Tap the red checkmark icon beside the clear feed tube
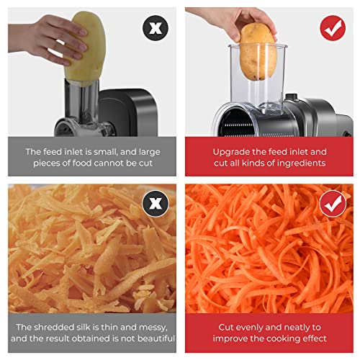coord(332,29)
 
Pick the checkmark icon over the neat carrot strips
coord(332,204)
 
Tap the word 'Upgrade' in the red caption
coord(231,152)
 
